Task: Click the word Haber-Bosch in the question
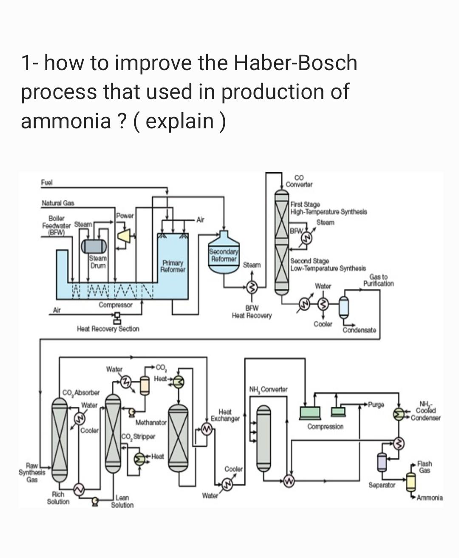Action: [295, 63]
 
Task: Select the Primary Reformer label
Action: [173, 266]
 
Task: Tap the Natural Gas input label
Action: [57, 203]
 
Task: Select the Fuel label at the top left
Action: [46, 182]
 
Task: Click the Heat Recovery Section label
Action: [108, 329]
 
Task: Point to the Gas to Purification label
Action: [378, 280]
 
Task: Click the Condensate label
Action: [359, 330]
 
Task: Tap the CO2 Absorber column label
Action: [81, 392]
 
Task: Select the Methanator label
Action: [151, 422]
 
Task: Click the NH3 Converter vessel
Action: [264, 438]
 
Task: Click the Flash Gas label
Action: [425, 467]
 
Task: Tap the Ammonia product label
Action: [430, 497]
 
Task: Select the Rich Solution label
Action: [58, 498]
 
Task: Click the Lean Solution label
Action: [122, 501]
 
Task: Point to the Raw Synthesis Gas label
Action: [32, 472]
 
